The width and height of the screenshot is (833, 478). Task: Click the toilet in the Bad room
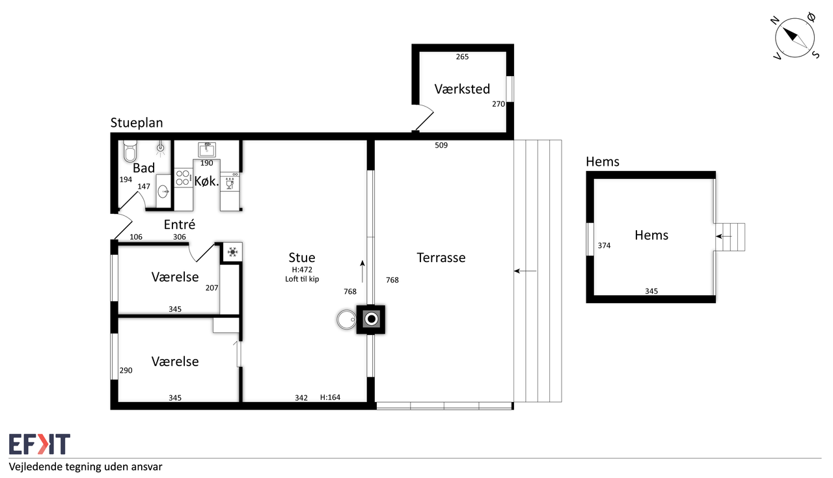click(x=130, y=151)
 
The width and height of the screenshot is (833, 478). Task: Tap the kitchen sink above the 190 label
click(x=207, y=150)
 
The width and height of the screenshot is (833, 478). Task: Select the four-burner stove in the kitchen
click(x=184, y=178)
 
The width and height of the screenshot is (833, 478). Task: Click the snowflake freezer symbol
click(x=233, y=252)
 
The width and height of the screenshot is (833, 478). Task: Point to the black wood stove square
click(x=371, y=319)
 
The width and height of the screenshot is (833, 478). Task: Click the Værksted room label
click(x=462, y=89)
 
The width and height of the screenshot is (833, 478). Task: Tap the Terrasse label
click(x=441, y=258)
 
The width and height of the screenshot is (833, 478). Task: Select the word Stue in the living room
click(x=302, y=258)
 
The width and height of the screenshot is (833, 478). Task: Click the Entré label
click(x=180, y=224)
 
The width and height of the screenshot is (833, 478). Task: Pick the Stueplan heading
click(x=137, y=123)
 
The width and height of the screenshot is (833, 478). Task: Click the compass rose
click(x=795, y=38)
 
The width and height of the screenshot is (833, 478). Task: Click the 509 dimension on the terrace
click(x=441, y=145)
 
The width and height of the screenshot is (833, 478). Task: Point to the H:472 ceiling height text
click(x=302, y=270)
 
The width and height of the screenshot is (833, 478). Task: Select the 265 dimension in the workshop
click(x=462, y=57)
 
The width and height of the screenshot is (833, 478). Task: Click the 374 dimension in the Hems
click(x=605, y=246)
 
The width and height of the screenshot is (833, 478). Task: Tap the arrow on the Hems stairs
click(x=724, y=236)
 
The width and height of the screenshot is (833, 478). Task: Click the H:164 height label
click(x=330, y=397)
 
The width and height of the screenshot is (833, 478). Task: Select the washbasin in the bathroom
click(x=163, y=192)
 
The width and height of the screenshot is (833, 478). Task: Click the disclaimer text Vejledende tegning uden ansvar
click(x=85, y=467)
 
